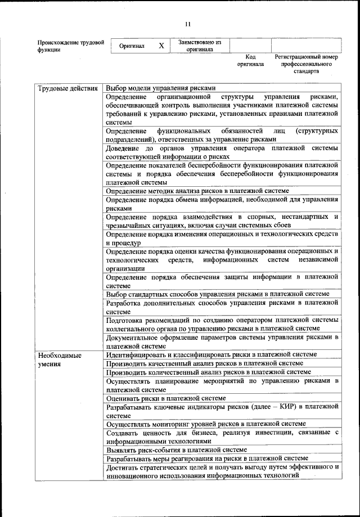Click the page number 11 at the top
[187, 24]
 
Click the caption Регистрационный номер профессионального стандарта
[306, 64]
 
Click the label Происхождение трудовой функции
[70, 46]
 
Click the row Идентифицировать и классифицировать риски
[211, 354]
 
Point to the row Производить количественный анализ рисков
[208, 372]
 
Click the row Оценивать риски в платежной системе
[169, 398]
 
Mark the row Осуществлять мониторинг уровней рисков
[206, 424]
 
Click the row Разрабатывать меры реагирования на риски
[207, 458]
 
